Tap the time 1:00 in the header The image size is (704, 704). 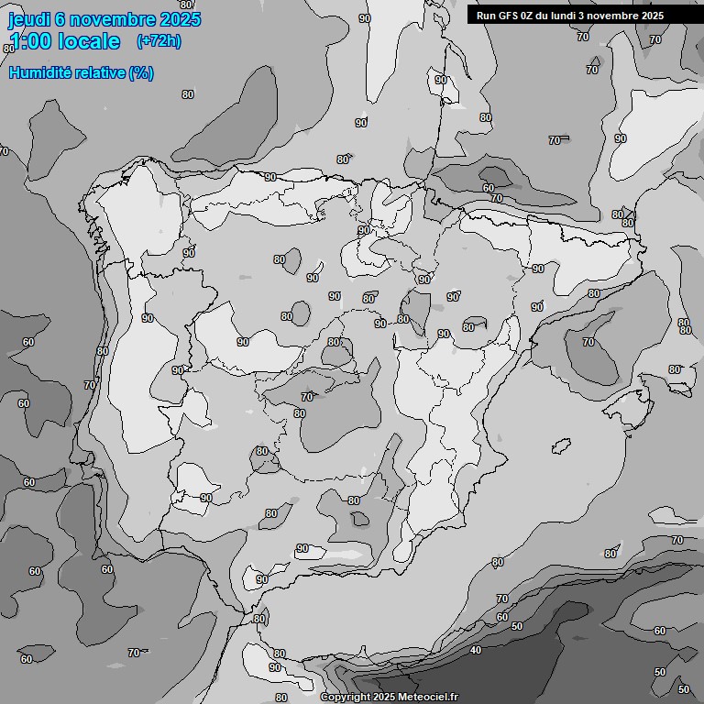click(27, 41)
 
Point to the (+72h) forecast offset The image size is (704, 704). click(159, 40)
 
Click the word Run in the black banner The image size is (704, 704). click(486, 15)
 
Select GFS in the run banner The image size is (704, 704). click(509, 15)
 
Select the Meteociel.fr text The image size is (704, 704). click(429, 698)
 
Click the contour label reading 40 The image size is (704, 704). click(475, 650)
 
